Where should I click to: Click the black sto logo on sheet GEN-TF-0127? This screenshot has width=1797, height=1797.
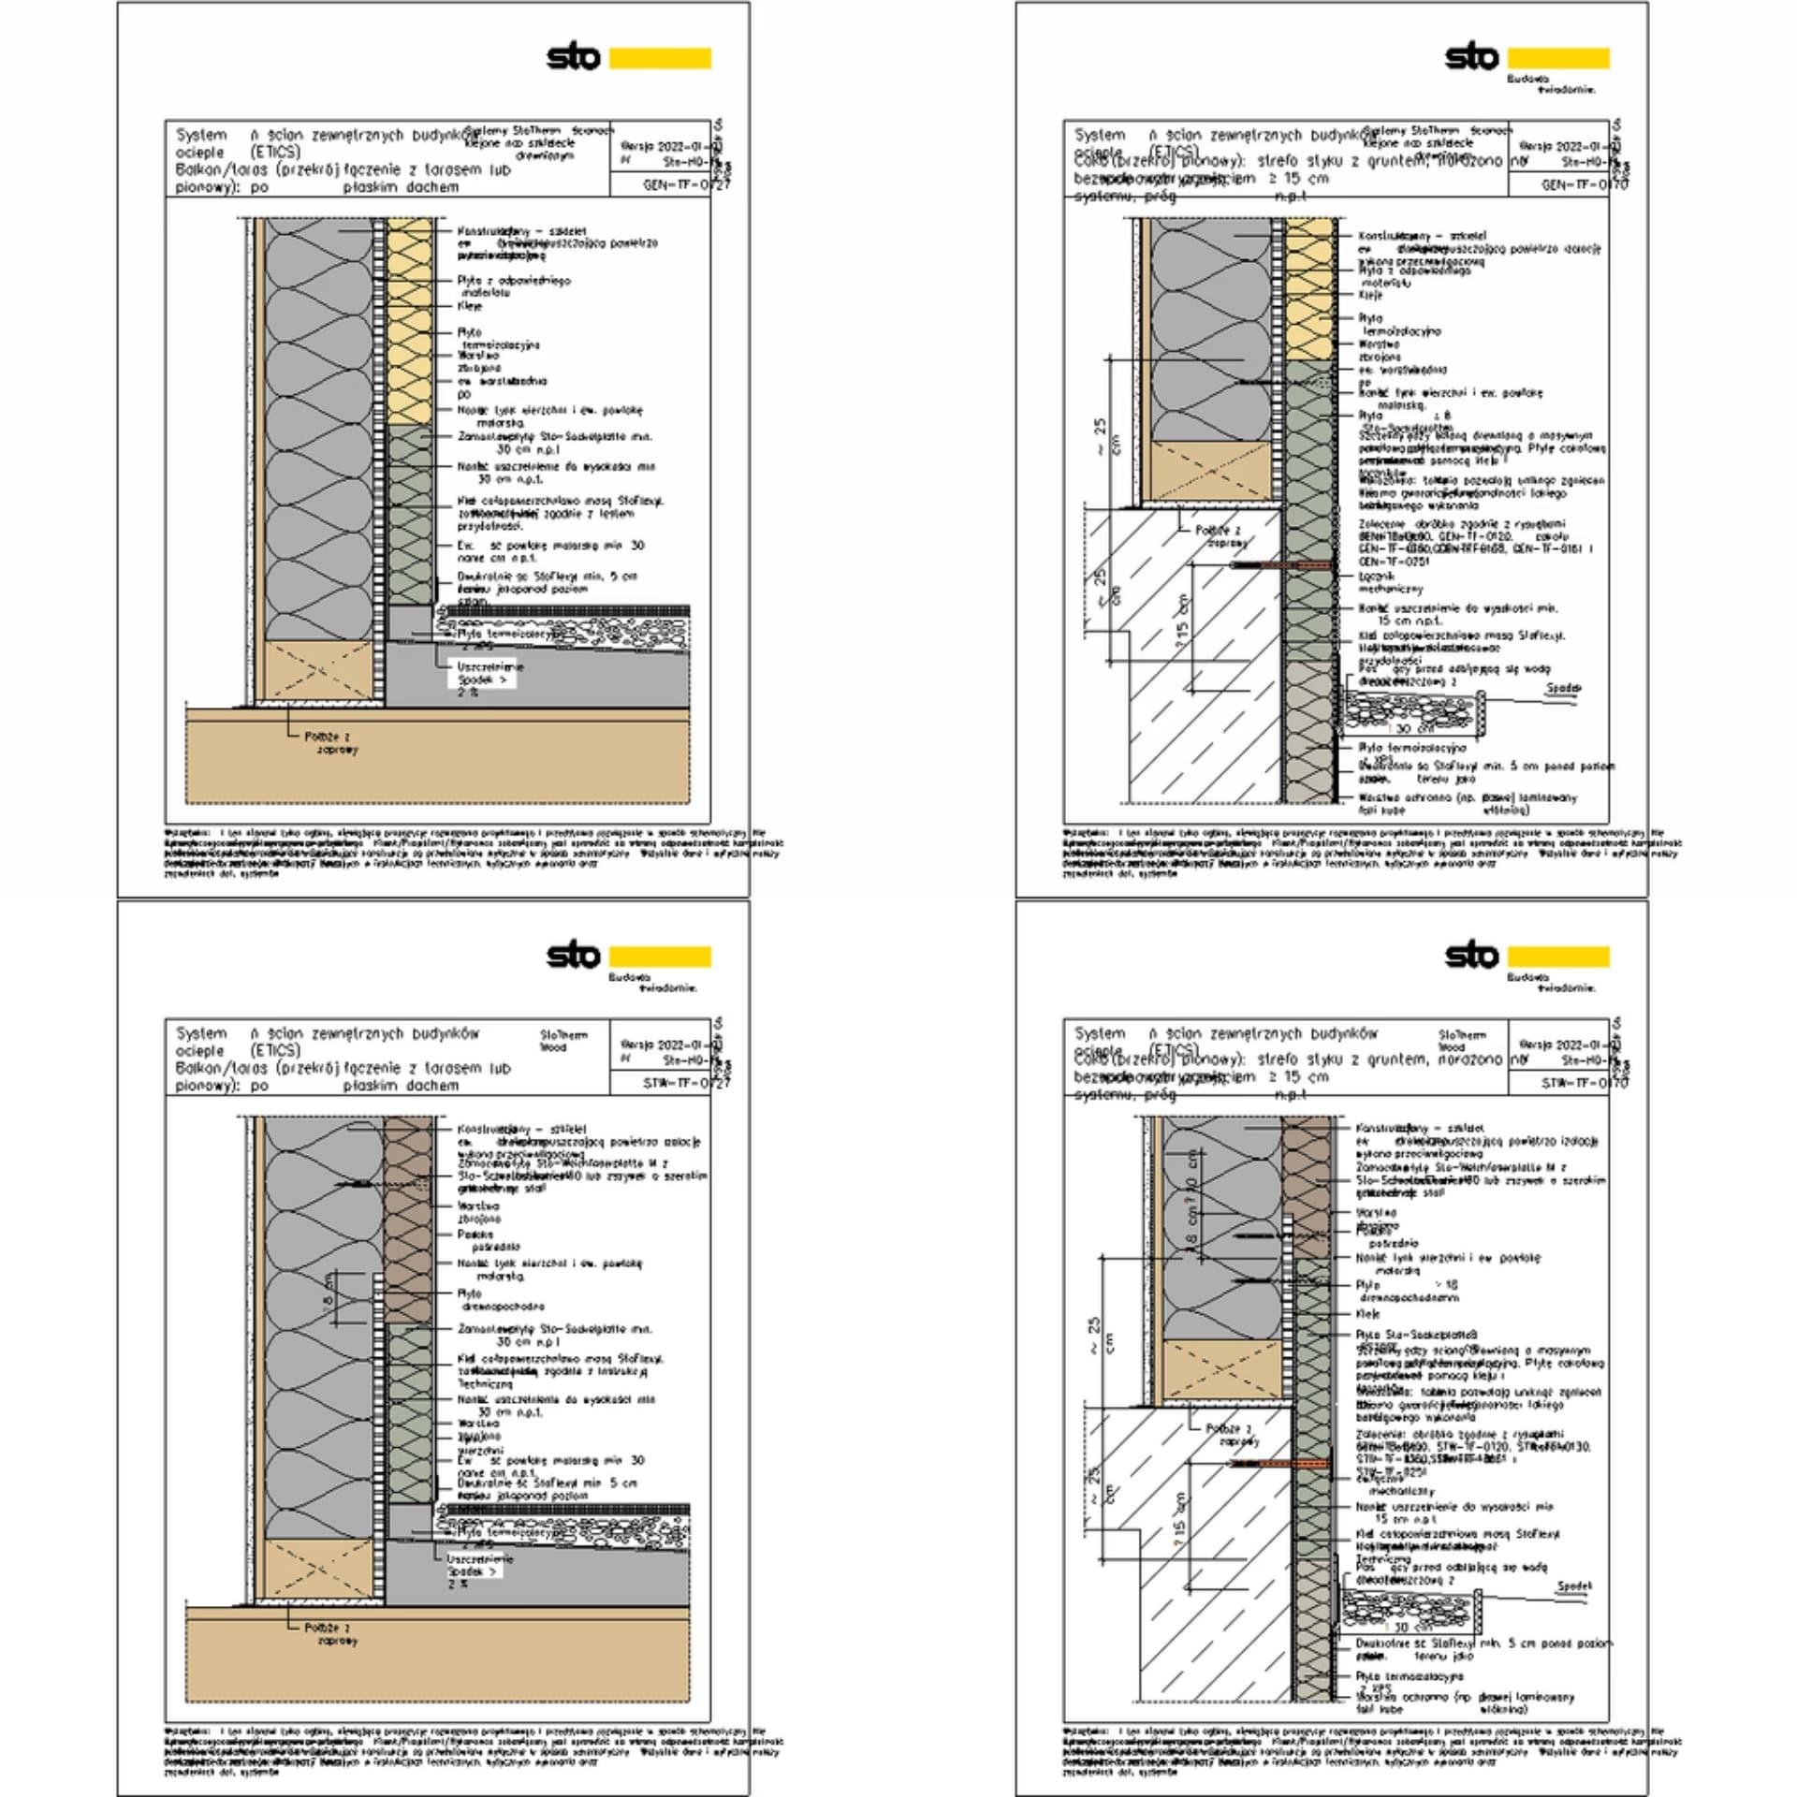[573, 57]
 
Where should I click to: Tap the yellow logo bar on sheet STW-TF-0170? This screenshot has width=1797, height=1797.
[1558, 956]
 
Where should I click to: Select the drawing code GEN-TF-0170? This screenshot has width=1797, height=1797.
[1584, 185]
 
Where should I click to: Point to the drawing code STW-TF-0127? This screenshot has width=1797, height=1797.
[685, 1083]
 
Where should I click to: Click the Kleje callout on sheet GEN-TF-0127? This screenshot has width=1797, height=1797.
[470, 306]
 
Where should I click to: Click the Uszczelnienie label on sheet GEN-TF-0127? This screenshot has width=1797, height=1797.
[489, 666]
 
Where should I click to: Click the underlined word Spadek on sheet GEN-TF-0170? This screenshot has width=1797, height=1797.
[1562, 688]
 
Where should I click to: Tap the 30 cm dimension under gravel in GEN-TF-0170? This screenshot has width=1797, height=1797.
[1414, 728]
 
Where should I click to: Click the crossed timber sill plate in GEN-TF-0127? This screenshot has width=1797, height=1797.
[319, 669]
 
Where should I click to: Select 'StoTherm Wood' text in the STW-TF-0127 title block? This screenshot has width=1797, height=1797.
[562, 1041]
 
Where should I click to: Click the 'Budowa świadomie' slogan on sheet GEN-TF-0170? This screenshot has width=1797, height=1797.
[1550, 84]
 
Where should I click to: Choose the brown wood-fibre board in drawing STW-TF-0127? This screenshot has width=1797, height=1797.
[409, 1217]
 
